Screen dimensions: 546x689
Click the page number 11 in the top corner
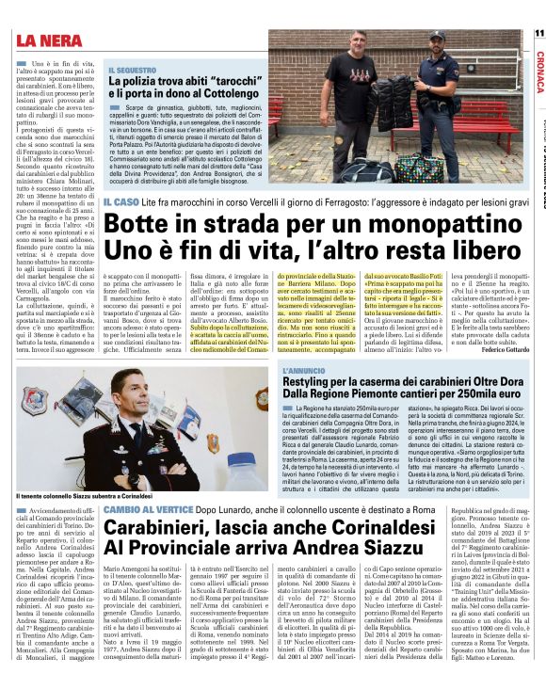coord(539,34)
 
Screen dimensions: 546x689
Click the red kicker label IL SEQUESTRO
coord(132,71)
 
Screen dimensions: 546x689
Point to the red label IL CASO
coord(121,201)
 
